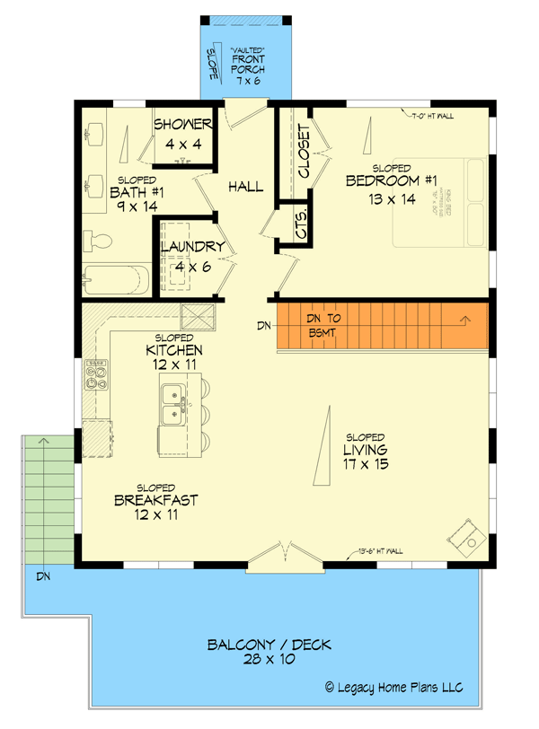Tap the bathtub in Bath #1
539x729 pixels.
pyautogui.click(x=114, y=279)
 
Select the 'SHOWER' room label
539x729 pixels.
pyautogui.click(x=182, y=125)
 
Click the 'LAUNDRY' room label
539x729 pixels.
pyautogui.click(x=192, y=247)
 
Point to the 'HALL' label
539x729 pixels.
pyautogui.click(x=245, y=187)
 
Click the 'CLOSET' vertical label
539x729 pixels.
pyautogui.click(x=304, y=151)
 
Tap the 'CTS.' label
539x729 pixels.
pyautogui.click(x=302, y=224)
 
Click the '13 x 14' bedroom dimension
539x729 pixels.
pyautogui.click(x=392, y=199)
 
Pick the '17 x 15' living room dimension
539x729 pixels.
pyautogui.click(x=365, y=465)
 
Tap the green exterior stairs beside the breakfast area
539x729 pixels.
pyautogui.click(x=46, y=498)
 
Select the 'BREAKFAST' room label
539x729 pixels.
pyautogui.click(x=156, y=500)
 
